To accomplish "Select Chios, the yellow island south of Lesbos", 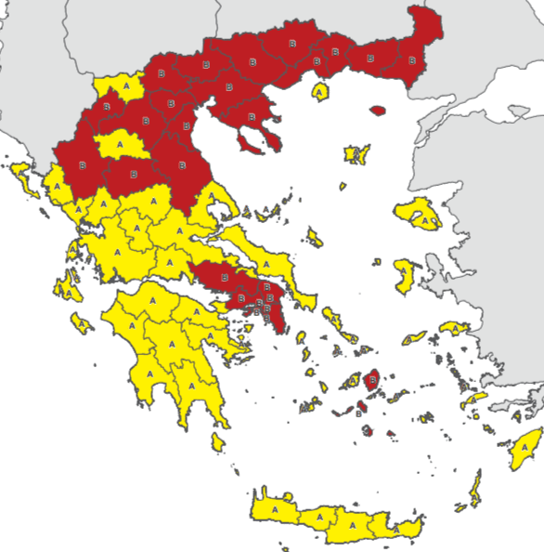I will coord(405,274).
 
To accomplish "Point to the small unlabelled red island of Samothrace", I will coord(377,111).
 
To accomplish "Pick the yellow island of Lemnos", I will coord(356,153).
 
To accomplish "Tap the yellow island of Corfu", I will coord(25,177).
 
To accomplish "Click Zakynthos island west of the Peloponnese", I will coord(82,324).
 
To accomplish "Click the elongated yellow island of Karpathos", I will coord(476,488).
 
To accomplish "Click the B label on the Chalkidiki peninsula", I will coord(252,117).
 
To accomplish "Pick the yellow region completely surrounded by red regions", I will coord(118,146).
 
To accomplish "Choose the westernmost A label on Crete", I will coord(276,510).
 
